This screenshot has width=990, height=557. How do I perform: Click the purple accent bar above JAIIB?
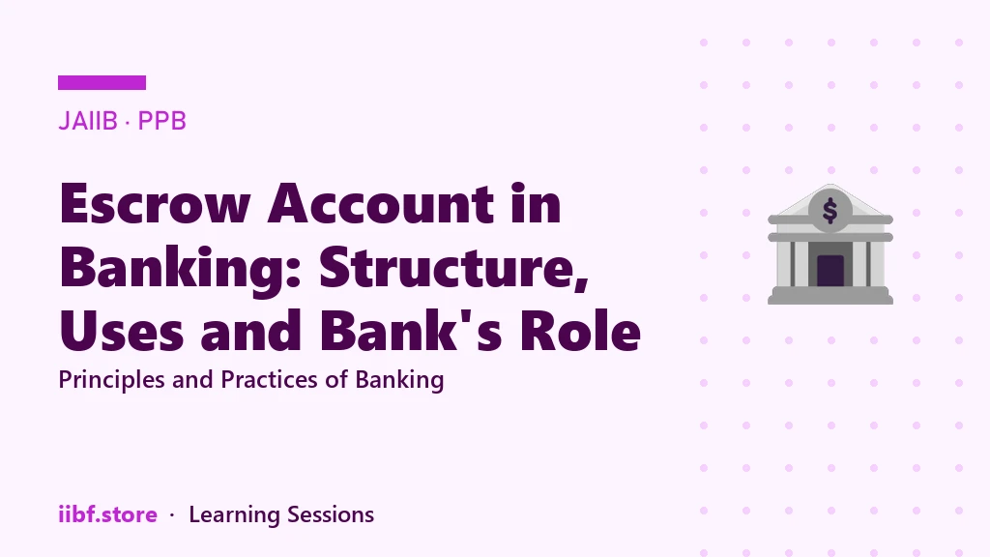(x=102, y=83)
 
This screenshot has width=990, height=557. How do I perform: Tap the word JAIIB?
(x=88, y=121)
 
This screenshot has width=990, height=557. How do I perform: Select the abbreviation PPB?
(x=162, y=121)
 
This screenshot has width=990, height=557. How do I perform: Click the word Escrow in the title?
(x=156, y=204)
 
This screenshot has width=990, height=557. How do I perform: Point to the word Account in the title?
(x=381, y=204)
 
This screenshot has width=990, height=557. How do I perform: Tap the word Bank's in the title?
(x=411, y=330)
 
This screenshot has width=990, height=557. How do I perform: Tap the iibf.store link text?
(x=108, y=514)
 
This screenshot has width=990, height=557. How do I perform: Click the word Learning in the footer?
(x=234, y=515)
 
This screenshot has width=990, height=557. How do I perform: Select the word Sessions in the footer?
(x=331, y=514)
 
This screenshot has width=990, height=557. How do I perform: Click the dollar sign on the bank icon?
(x=830, y=211)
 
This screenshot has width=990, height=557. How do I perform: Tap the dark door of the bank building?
(x=830, y=271)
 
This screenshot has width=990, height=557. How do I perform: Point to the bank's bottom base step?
(x=830, y=299)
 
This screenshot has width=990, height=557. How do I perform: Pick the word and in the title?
(x=251, y=330)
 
